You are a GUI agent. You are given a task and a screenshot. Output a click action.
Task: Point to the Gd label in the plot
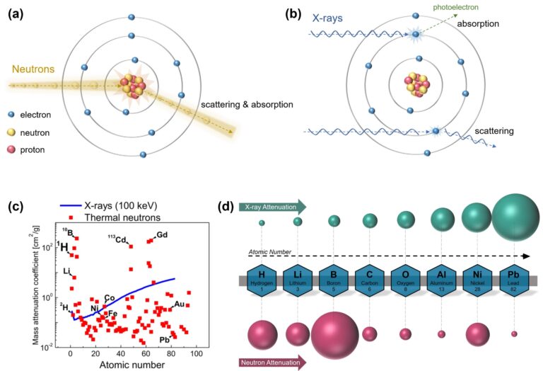point(162,234)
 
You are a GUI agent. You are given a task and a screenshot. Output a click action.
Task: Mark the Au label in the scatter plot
point(180,304)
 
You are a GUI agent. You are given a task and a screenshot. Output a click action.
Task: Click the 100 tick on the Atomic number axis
point(196,353)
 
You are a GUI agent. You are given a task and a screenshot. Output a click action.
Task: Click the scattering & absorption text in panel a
point(247,104)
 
